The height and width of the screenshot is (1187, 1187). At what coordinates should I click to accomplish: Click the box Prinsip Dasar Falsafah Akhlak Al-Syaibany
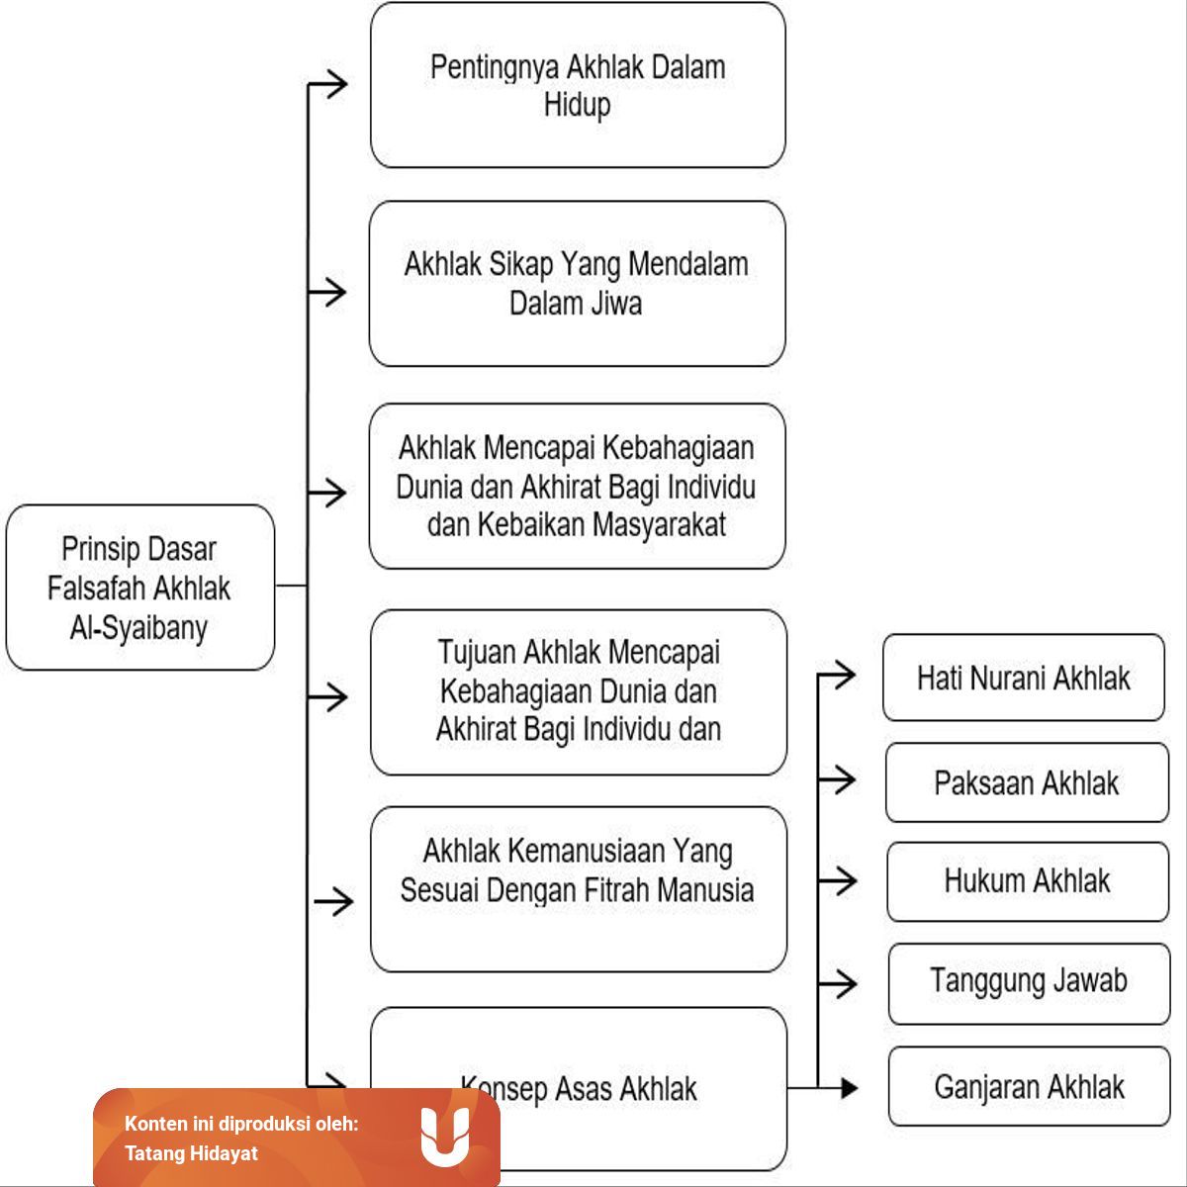pos(140,587)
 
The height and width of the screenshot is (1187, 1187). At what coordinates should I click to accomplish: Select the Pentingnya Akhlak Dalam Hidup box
pos(578,85)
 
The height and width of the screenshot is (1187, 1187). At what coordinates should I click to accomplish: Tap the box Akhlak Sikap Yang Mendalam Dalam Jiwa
pos(577,283)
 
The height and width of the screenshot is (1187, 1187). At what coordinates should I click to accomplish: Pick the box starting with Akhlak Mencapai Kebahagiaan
pos(577,486)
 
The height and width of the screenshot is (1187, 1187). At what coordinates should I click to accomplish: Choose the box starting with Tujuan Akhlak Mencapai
pos(579,692)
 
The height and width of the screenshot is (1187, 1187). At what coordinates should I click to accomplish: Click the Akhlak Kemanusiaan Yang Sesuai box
pos(579,889)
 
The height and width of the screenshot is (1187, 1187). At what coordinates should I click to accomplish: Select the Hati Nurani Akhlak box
pos(1024,678)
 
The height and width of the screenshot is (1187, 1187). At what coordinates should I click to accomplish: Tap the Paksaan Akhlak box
pos(1027,782)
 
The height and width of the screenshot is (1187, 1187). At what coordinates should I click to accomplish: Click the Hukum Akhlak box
pos(1028,881)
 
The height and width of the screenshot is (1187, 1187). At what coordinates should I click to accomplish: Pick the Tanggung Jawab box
pos(1029,983)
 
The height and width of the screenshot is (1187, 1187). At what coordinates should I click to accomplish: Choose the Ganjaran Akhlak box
pos(1029,1086)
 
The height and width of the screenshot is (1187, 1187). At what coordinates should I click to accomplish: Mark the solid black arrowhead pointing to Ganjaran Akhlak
pos(850,1088)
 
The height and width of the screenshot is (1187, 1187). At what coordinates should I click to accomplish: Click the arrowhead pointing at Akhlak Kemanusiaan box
pos(343,902)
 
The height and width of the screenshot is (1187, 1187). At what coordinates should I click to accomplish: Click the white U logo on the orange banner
pos(445,1138)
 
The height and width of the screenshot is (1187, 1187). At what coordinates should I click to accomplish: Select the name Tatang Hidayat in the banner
pos(191,1153)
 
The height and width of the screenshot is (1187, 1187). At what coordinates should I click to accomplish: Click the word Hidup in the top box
pos(577,105)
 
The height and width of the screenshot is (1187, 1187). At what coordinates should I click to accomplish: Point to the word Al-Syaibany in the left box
pos(138,628)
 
